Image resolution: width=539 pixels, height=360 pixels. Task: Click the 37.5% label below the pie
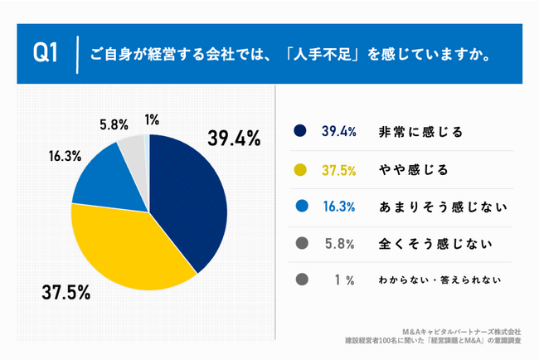[66, 293]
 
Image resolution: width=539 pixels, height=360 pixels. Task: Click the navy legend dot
[300, 131]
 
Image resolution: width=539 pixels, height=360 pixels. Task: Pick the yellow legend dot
[300, 170]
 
